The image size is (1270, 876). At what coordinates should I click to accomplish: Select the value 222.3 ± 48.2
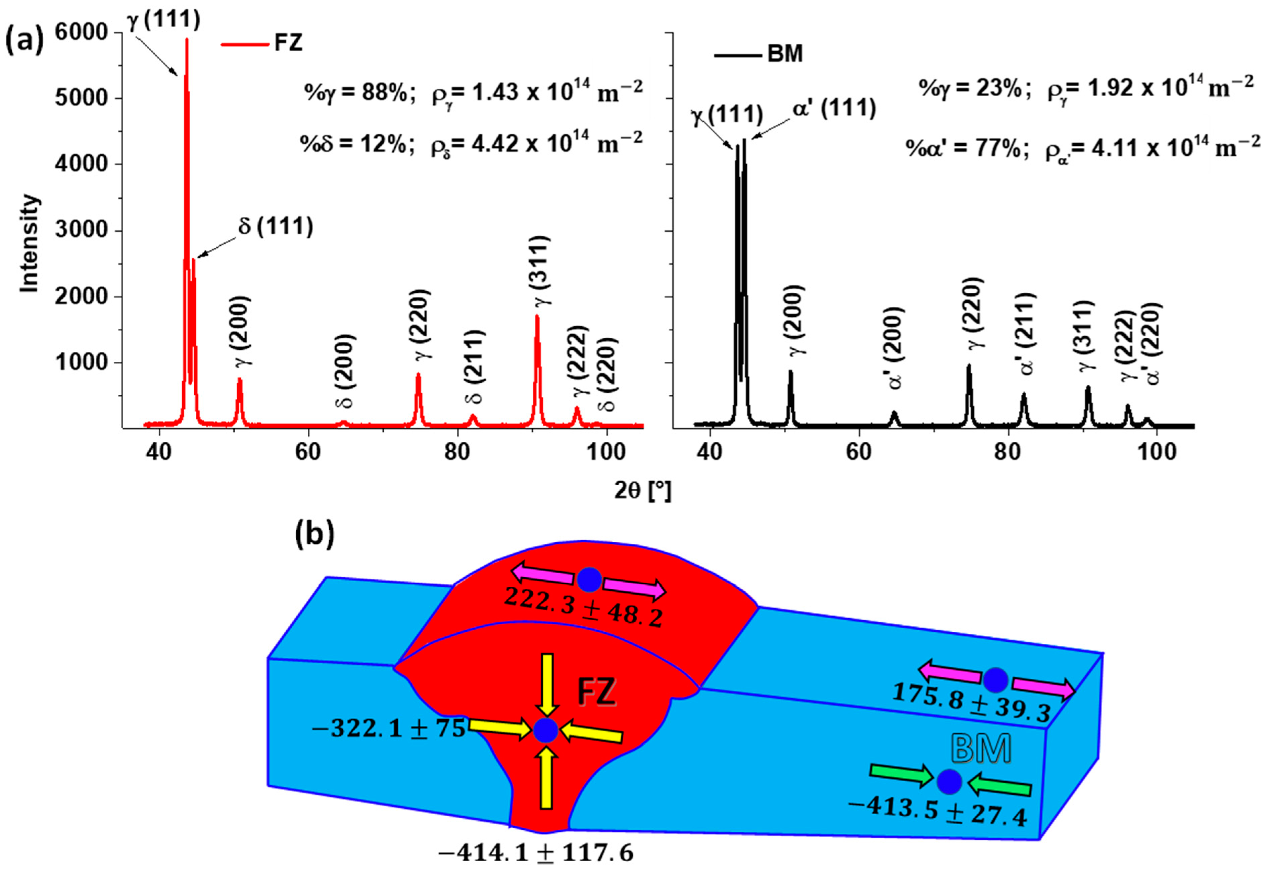(583, 607)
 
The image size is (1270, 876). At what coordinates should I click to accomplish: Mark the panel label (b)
(314, 534)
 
